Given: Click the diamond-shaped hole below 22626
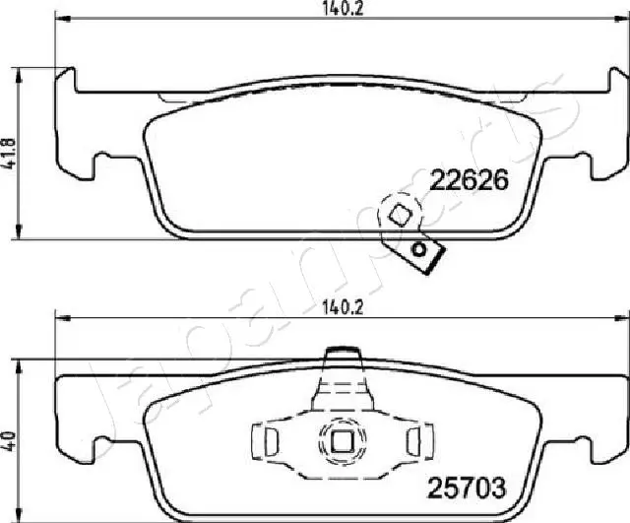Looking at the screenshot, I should tap(401, 214).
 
